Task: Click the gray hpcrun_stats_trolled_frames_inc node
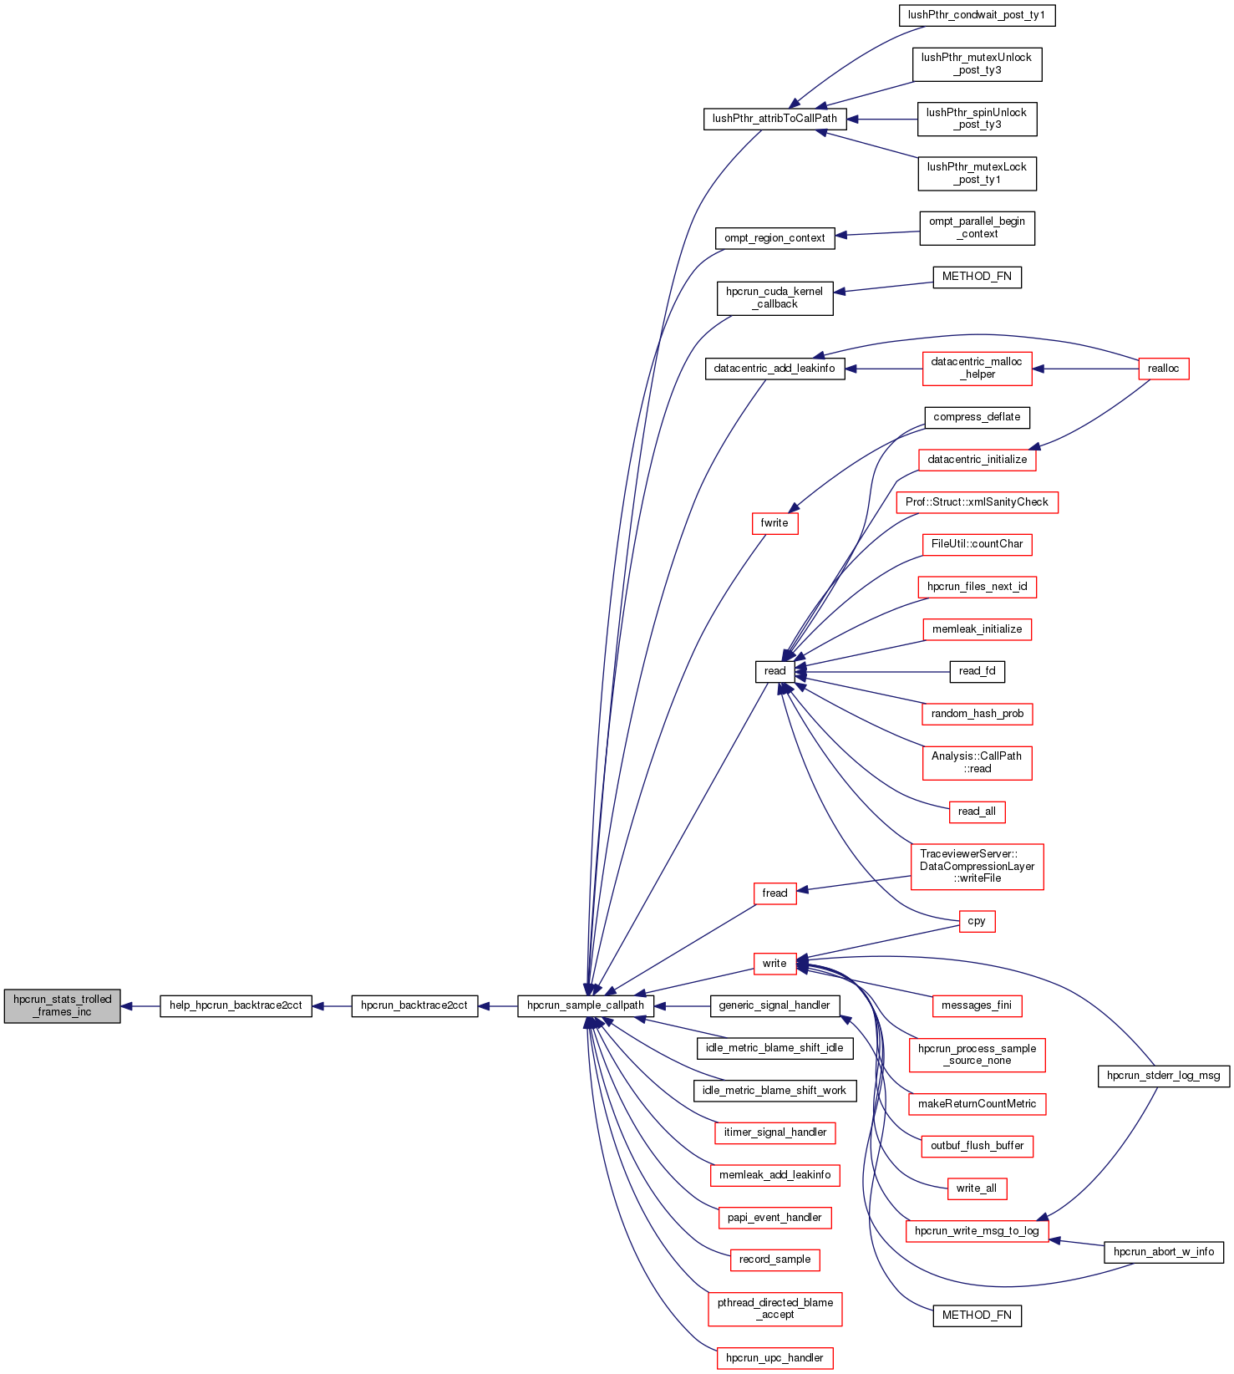(x=62, y=1005)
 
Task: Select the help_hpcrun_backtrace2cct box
(x=236, y=1005)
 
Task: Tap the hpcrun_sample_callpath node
(x=586, y=1005)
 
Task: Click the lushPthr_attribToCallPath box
(x=774, y=119)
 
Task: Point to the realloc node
(x=1163, y=369)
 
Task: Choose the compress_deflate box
(x=977, y=417)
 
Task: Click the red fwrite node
(x=774, y=523)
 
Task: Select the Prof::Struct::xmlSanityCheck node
(x=977, y=502)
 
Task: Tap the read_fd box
(x=977, y=671)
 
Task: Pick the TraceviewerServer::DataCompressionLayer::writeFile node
(x=977, y=867)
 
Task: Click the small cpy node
(x=977, y=921)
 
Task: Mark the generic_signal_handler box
(x=774, y=1005)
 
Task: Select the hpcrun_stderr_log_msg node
(x=1163, y=1076)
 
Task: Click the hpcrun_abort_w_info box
(x=1164, y=1252)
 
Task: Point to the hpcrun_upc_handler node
(x=774, y=1358)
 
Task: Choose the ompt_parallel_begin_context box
(x=977, y=228)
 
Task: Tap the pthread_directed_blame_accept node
(x=774, y=1309)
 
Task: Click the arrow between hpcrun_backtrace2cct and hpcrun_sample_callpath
(x=498, y=1006)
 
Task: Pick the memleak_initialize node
(x=977, y=629)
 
